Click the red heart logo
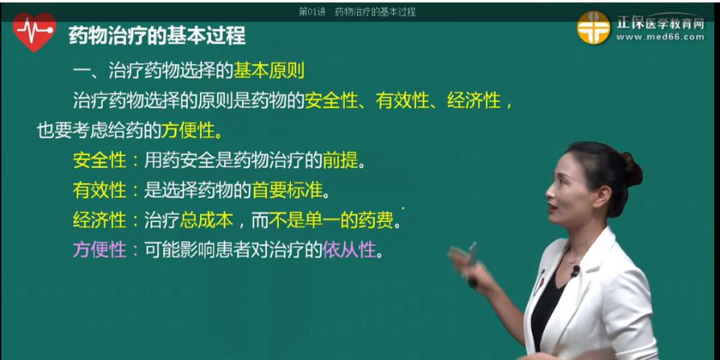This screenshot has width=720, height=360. pos(34,33)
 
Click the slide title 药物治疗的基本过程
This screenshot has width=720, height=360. pos(156,35)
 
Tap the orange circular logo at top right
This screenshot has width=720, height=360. pos(593,28)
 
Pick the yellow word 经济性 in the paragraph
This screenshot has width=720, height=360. pos(474,101)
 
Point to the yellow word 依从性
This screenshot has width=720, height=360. pos(349,250)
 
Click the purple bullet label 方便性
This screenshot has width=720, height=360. pos(99,250)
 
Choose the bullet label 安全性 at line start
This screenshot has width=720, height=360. pos(99,160)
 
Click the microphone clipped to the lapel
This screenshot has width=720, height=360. pos(575,271)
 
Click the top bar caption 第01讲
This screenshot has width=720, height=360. pos(311,12)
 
